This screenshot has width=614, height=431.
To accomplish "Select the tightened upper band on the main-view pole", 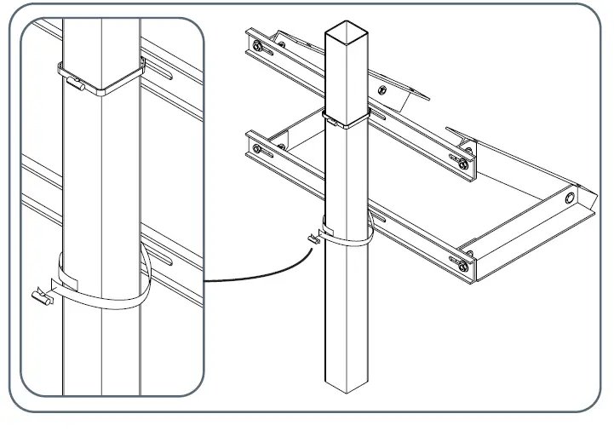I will tap(347, 119).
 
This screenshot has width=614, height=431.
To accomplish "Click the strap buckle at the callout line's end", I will tap(312, 240).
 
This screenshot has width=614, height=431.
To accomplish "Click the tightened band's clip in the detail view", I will tap(77, 84).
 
